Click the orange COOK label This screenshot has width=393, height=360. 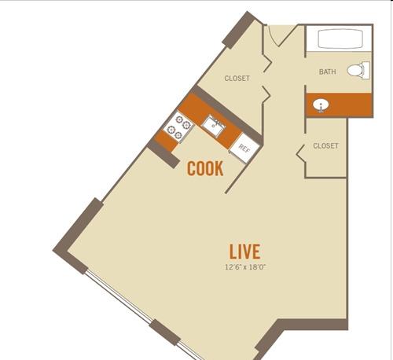[205, 168]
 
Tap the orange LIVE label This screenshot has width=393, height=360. [244, 252]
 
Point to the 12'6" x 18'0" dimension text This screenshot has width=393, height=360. [245, 267]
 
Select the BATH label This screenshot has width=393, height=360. [327, 72]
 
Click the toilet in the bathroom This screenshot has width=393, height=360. [358, 70]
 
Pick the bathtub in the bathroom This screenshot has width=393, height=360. [340, 39]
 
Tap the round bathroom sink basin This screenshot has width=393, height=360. [321, 105]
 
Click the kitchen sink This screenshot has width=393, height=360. [215, 127]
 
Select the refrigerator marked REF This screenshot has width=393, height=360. [244, 149]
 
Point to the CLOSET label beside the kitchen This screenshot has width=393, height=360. [237, 79]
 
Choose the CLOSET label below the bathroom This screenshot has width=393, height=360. [325, 145]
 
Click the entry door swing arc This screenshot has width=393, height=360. [272, 37]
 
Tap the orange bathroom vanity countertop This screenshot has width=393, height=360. [340, 105]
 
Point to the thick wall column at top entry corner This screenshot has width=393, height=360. [239, 30]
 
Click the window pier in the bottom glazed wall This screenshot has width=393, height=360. [165, 332]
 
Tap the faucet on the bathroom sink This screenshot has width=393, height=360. [321, 108]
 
